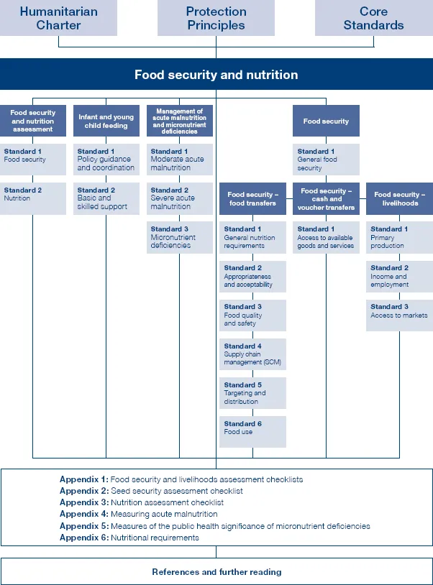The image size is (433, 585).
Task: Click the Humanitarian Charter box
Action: pyautogui.click(x=60, y=18)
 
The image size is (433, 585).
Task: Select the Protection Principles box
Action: pyautogui.click(x=216, y=18)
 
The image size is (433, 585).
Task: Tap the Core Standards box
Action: pyautogui.click(x=373, y=18)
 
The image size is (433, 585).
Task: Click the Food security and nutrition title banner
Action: pyautogui.click(x=216, y=75)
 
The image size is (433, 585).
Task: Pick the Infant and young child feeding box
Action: pyautogui.click(x=106, y=121)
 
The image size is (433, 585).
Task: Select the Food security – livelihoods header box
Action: pyautogui.click(x=399, y=198)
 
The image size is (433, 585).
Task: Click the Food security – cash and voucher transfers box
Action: pyautogui.click(x=326, y=198)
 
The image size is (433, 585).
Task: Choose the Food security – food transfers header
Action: pyautogui.click(x=252, y=198)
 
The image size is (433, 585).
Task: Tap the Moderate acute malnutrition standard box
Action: pyautogui.click(x=179, y=160)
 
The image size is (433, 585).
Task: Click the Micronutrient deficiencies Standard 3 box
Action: pyautogui.click(x=179, y=237)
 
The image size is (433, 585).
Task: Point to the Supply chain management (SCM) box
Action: pyautogui.click(x=252, y=354)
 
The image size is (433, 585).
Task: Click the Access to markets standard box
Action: pyautogui.click(x=399, y=315)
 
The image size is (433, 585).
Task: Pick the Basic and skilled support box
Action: pyautogui.click(x=106, y=198)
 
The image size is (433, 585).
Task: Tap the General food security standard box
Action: pyautogui.click(x=326, y=160)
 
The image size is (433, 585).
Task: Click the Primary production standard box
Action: pyautogui.click(x=399, y=237)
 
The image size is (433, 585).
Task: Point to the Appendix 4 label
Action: pyautogui.click(x=83, y=515)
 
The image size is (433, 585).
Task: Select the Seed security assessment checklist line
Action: pyautogui.click(x=176, y=491)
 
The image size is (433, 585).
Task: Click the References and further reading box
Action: pyautogui.click(x=216, y=572)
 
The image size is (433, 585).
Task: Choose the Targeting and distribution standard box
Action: pyautogui.click(x=252, y=393)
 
